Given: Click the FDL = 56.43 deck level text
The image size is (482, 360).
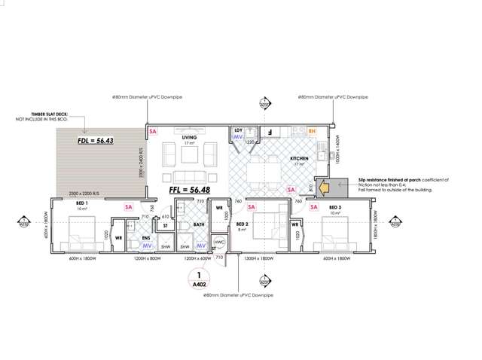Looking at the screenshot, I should [x=95, y=141].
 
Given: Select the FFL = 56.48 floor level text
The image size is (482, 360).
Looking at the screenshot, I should [x=193, y=191].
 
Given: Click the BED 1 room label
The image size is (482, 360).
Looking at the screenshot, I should [x=82, y=204].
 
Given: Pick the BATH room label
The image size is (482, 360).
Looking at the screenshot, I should [x=199, y=224].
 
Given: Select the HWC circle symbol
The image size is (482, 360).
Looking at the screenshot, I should [x=220, y=243].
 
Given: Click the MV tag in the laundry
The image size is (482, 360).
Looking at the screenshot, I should [x=238, y=138].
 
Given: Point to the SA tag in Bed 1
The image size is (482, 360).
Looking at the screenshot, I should [x=128, y=206].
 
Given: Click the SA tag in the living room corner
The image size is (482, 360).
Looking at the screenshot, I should [x=154, y=131].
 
